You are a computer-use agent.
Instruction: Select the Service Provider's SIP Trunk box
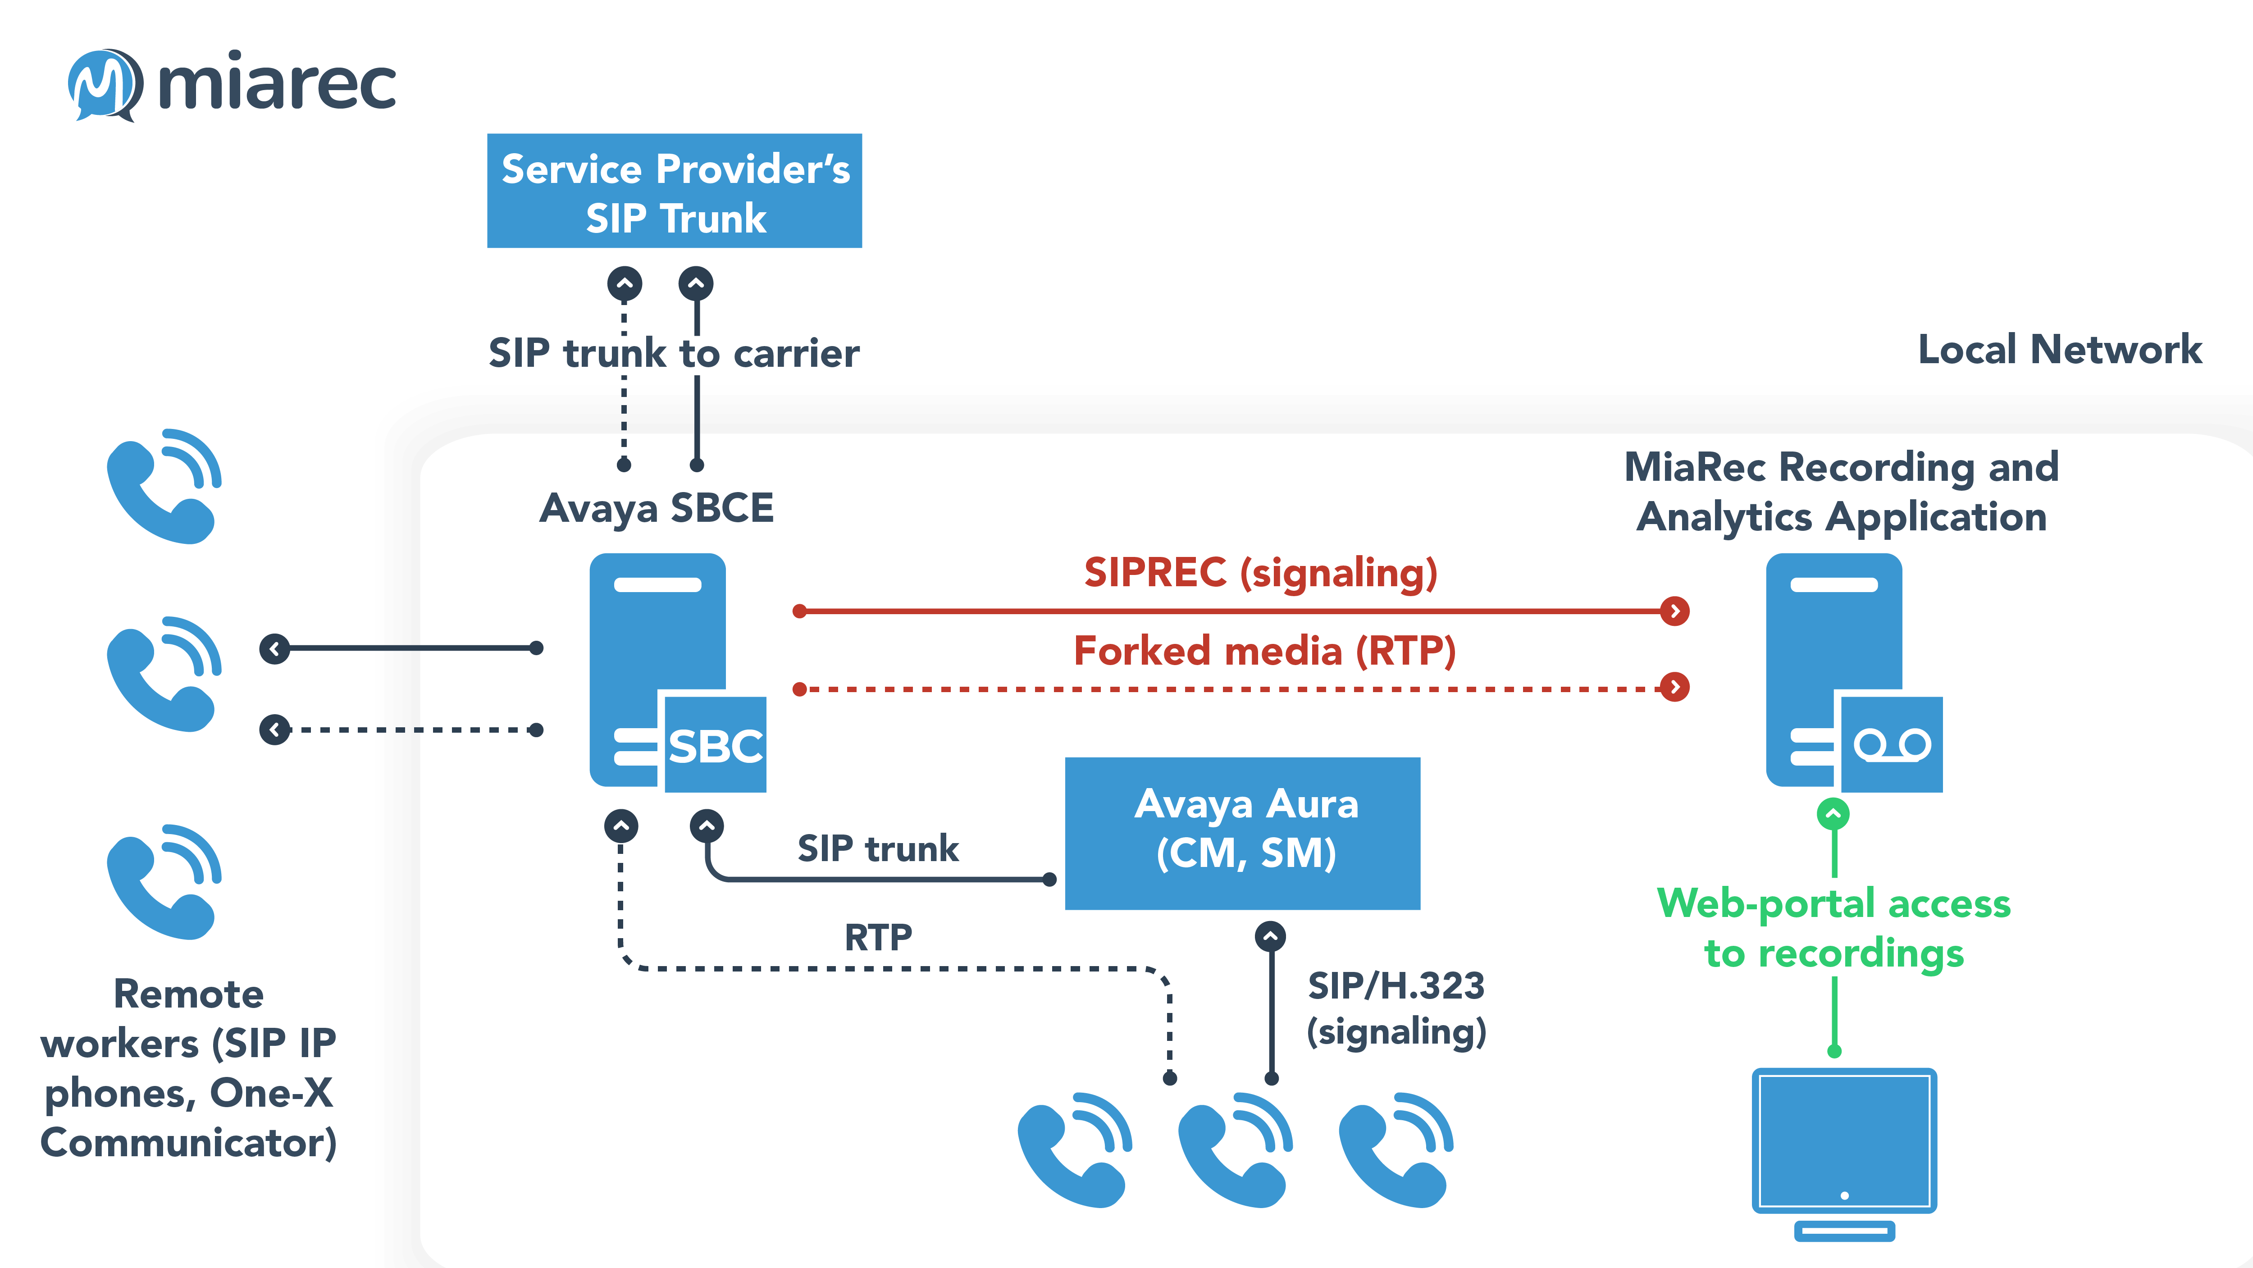(x=675, y=192)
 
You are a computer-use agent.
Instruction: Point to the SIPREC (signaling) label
(x=1260, y=573)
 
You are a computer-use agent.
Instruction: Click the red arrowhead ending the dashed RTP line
(x=1674, y=687)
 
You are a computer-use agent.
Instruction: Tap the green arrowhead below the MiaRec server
(x=1833, y=814)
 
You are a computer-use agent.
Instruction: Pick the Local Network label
(x=2059, y=350)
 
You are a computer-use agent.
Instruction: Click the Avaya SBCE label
(x=656, y=508)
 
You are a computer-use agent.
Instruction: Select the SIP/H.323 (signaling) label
(x=1396, y=1008)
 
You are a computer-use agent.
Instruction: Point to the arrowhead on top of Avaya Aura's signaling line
(x=1270, y=936)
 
